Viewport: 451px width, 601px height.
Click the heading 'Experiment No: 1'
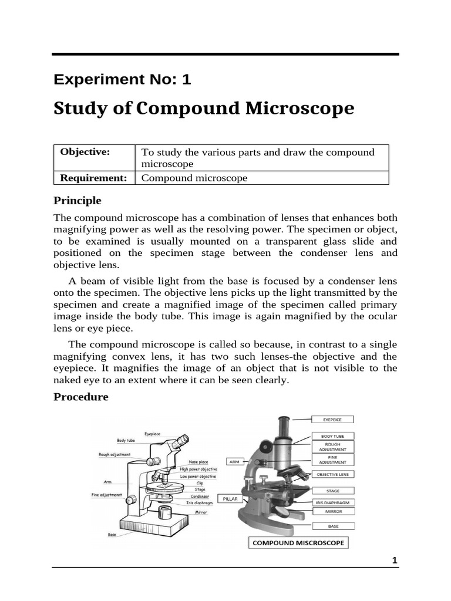[122, 80]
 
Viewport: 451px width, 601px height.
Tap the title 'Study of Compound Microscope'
[204, 109]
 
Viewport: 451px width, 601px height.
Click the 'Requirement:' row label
[94, 178]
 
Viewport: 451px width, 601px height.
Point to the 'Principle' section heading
[78, 201]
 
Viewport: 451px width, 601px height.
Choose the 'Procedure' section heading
[81, 397]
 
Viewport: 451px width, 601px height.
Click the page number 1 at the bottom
[395, 561]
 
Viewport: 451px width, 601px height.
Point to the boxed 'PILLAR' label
[230, 498]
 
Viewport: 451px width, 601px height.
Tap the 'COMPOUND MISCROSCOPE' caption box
[298, 543]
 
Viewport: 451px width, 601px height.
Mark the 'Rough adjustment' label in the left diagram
[115, 454]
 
